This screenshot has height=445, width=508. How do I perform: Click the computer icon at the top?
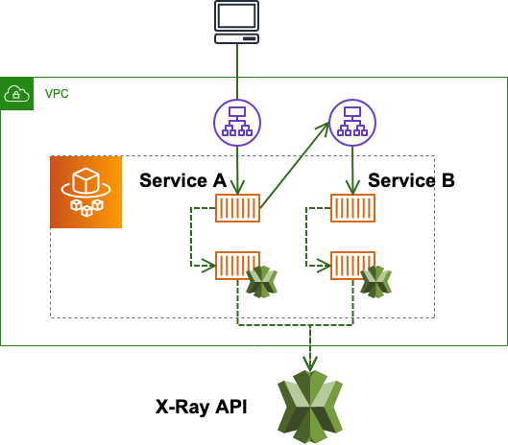pyautogui.click(x=236, y=22)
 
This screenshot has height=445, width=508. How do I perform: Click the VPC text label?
pyautogui.click(x=57, y=94)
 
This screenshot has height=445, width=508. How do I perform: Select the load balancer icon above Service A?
pyautogui.click(x=236, y=123)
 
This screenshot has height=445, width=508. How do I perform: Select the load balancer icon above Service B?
pyautogui.click(x=352, y=123)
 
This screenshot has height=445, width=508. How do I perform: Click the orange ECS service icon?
pyautogui.click(x=86, y=192)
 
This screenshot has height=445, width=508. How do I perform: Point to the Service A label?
pyautogui.click(x=182, y=180)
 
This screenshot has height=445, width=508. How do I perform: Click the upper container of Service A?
pyautogui.click(x=237, y=207)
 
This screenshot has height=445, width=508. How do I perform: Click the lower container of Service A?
pyautogui.click(x=237, y=265)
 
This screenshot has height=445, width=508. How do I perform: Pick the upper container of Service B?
pyautogui.click(x=352, y=207)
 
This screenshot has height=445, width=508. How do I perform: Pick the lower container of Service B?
pyautogui.click(x=352, y=265)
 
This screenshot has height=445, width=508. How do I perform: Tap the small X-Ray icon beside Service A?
pyautogui.click(x=261, y=282)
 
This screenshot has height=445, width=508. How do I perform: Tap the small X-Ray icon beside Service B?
pyautogui.click(x=375, y=282)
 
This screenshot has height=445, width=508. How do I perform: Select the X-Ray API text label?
pyautogui.click(x=201, y=407)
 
